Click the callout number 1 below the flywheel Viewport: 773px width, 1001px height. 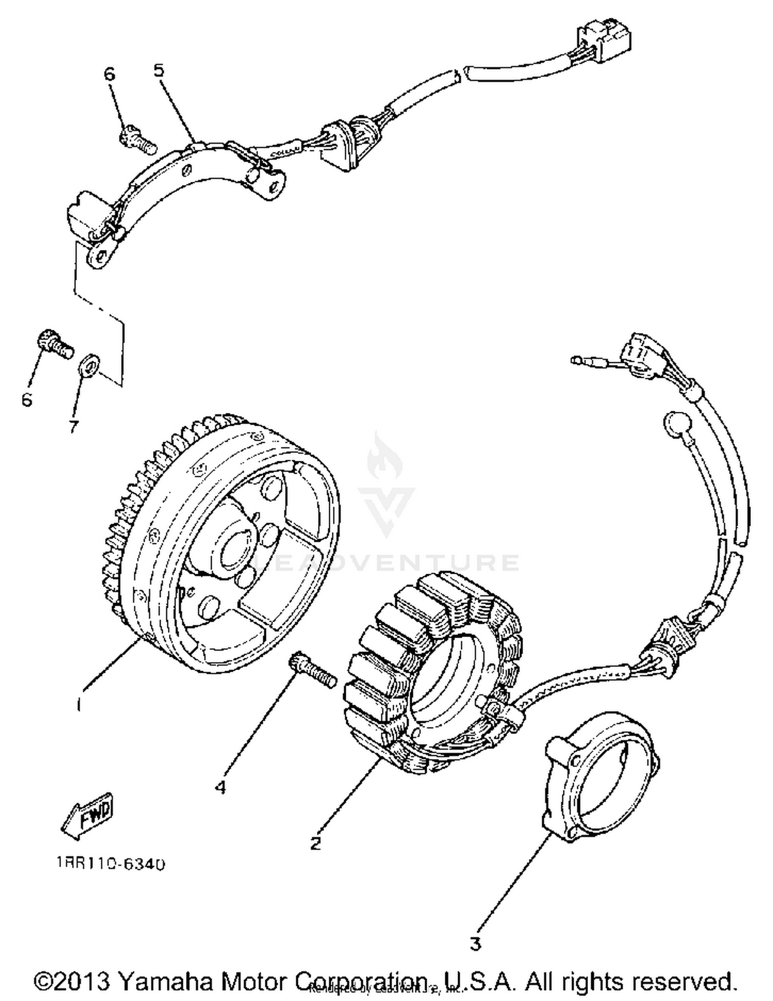pos(78,704)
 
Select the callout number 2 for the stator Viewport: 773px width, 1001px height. pos(315,843)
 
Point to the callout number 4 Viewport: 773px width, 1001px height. pos(221,787)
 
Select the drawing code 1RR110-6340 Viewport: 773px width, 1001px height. pos(111,864)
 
